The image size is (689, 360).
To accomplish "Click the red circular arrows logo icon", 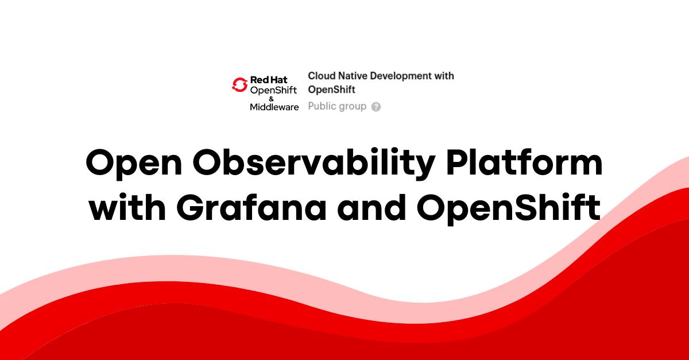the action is click(239, 84).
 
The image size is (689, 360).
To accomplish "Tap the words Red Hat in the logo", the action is click(269, 80).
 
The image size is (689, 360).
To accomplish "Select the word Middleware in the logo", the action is click(274, 107).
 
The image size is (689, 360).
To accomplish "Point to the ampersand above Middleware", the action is click(271, 99).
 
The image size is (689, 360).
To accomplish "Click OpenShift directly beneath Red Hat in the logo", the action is click(273, 91).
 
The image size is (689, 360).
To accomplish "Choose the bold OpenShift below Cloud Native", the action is click(332, 90).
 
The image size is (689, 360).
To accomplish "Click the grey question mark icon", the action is click(376, 107).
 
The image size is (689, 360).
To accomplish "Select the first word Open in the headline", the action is click(134, 164).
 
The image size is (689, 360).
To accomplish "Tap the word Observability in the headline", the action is click(313, 164).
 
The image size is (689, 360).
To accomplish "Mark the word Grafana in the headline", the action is click(251, 207).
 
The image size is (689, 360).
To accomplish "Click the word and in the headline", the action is click(371, 207).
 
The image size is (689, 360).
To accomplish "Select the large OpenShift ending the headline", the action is click(509, 208).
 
